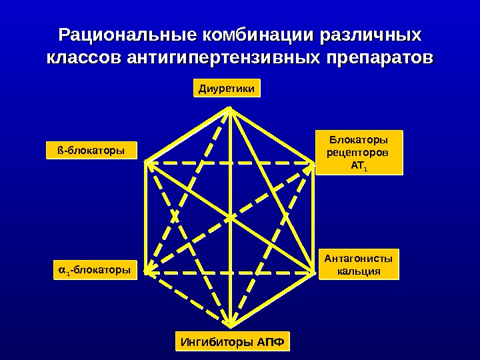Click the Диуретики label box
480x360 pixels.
click(227, 88)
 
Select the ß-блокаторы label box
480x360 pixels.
click(91, 151)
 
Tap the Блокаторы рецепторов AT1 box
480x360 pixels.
click(359, 153)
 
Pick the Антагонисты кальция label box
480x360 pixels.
click(359, 264)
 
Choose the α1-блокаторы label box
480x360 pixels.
click(93, 270)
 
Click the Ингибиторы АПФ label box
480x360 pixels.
click(233, 343)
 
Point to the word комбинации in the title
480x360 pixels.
click(249, 34)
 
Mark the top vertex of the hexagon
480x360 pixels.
click(230, 109)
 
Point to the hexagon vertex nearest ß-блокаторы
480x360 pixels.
click(146, 162)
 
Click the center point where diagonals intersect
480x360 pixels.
click(230, 217)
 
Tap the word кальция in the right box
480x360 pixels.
click(359, 271)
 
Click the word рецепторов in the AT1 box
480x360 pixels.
click(359, 153)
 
